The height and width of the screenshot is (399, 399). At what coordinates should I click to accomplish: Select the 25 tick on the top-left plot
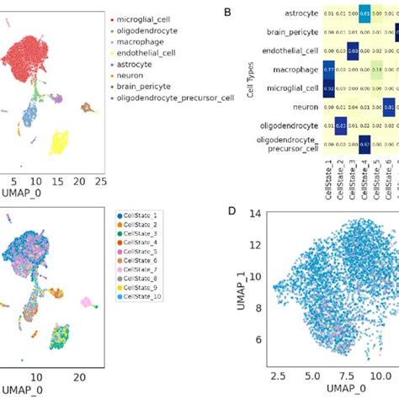pos(99,180)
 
